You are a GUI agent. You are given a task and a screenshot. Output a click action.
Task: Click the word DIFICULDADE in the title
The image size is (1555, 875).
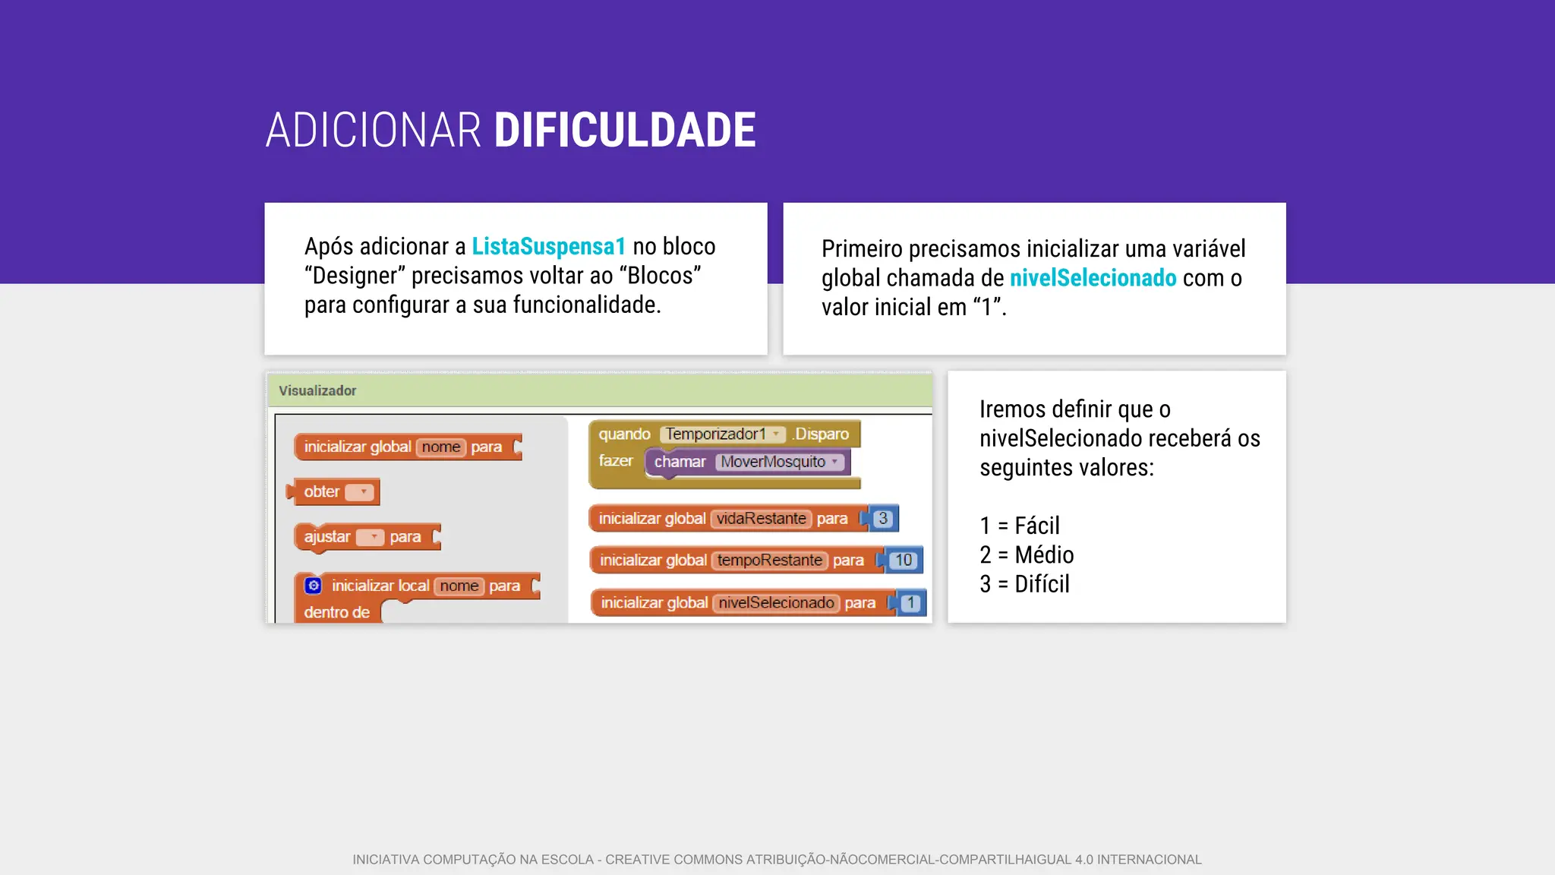pyautogui.click(x=624, y=130)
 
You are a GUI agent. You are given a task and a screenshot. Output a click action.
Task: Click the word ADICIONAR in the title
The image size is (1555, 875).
pyautogui.click(x=373, y=130)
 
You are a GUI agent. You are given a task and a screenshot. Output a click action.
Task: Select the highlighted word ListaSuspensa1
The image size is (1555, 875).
pyautogui.click(x=548, y=246)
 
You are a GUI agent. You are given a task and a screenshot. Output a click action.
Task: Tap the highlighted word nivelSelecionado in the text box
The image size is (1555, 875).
pyautogui.click(x=1093, y=278)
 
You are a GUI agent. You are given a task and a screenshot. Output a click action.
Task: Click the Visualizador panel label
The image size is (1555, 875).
pyautogui.click(x=317, y=390)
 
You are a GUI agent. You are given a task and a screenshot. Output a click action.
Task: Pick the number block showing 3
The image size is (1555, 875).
pyautogui.click(x=882, y=519)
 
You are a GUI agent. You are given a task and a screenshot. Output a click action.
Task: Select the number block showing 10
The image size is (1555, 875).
pyautogui.click(x=903, y=561)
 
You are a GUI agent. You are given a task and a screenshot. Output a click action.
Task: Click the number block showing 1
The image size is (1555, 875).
pyautogui.click(x=910, y=603)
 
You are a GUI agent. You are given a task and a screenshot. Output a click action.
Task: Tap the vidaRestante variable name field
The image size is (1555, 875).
pyautogui.click(x=761, y=519)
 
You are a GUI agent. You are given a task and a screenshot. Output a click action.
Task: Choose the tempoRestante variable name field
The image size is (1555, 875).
pyautogui.click(x=769, y=561)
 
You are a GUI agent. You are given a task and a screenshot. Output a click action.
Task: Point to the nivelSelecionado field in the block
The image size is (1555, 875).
pyautogui.click(x=776, y=603)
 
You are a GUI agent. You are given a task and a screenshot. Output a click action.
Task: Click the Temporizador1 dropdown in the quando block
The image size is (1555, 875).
pyautogui.click(x=722, y=434)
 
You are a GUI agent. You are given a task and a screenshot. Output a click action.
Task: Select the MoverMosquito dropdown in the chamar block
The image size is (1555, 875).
pyautogui.click(x=779, y=462)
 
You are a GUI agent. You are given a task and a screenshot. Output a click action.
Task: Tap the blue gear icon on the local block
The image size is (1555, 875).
pyautogui.click(x=313, y=586)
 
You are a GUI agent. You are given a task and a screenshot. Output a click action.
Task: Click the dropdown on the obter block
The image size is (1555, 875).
pyautogui.click(x=360, y=492)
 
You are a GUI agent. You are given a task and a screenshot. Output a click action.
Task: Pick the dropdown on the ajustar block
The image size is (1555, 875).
pyautogui.click(x=371, y=537)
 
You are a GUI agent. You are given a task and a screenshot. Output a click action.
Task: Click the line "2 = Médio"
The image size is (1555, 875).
pyautogui.click(x=1027, y=555)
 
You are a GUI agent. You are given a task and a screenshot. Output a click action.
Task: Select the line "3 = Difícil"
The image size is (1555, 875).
pyautogui.click(x=1024, y=584)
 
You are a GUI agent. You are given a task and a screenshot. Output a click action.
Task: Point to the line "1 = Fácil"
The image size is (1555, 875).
pyautogui.click(x=1019, y=526)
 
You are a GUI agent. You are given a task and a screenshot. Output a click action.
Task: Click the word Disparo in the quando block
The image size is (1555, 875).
pyautogui.click(x=822, y=434)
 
